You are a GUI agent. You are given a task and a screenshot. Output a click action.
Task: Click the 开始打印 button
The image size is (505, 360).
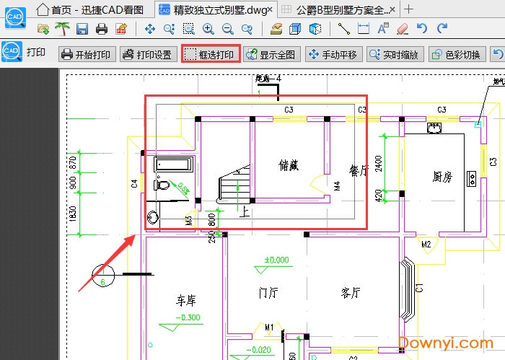(x=87, y=54)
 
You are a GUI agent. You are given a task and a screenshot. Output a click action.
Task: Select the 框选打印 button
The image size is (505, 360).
(x=210, y=54)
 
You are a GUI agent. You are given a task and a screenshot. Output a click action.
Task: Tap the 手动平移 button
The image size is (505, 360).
(x=333, y=54)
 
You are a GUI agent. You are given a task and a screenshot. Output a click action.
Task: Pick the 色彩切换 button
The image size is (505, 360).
(x=457, y=54)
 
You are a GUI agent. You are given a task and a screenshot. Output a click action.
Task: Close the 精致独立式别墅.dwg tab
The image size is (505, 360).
(x=270, y=9)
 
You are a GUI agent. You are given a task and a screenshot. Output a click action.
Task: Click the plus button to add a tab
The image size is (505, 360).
(x=409, y=9)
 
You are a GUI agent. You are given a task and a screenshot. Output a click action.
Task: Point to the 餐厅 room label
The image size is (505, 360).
(x=359, y=170)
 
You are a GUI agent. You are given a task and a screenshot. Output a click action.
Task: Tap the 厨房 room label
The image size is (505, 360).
(x=442, y=176)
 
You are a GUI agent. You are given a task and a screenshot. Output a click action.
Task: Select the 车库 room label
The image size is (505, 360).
(x=187, y=300)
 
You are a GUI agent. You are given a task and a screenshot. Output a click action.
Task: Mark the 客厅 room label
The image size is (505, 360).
(x=351, y=292)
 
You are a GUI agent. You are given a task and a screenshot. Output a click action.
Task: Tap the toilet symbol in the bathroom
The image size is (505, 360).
(x=163, y=184)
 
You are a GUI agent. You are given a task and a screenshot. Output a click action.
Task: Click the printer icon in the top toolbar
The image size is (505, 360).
(x=102, y=29)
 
